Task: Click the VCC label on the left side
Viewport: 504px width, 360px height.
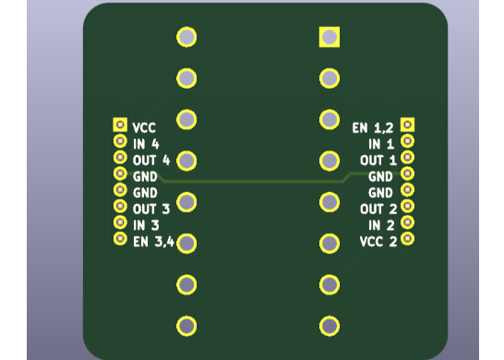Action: click(143, 127)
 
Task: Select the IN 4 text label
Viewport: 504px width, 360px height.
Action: click(146, 144)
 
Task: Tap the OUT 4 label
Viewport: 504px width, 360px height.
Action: click(151, 160)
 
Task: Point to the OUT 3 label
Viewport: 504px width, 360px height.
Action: click(151, 209)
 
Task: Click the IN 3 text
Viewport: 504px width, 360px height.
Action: click(146, 225)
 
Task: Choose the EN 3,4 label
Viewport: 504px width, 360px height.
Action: click(153, 242)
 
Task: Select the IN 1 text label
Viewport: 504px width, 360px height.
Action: click(381, 144)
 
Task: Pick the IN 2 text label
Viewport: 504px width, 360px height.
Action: click(381, 225)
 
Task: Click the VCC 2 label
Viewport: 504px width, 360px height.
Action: click(378, 242)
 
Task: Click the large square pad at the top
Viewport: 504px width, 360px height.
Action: click(330, 37)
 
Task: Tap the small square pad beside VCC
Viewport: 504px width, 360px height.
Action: click(120, 125)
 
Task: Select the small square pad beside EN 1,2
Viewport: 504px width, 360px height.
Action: click(407, 125)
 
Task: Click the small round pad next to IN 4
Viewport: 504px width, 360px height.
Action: click(120, 141)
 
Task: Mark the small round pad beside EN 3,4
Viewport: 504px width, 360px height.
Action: click(120, 239)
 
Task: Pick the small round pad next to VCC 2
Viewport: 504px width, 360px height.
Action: click(407, 239)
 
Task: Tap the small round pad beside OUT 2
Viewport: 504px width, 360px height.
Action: click(407, 206)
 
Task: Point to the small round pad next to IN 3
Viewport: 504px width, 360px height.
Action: click(120, 222)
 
